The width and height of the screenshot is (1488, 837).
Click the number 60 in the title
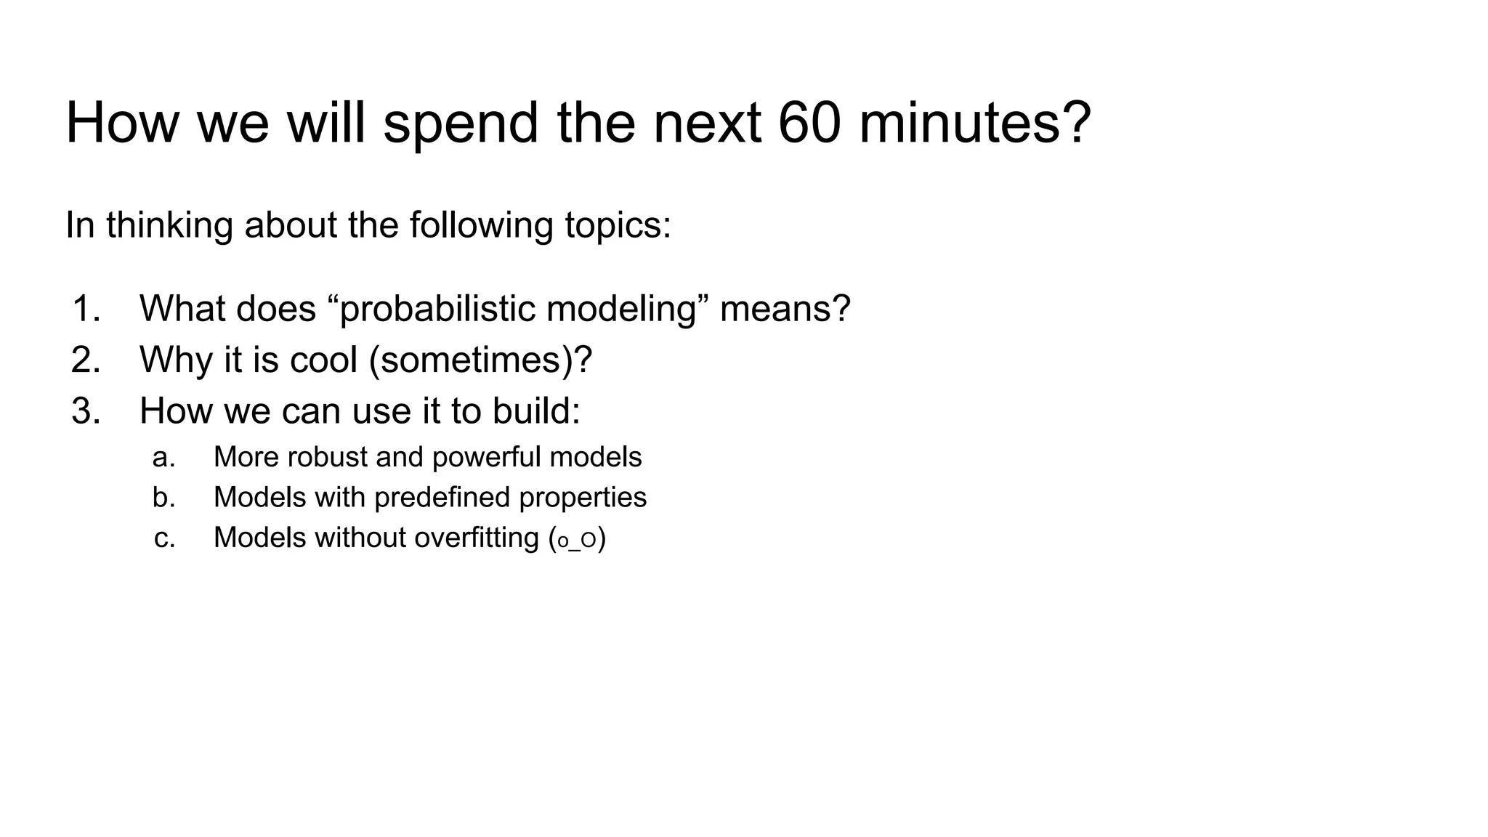click(x=809, y=124)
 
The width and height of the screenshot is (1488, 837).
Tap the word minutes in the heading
click(x=974, y=124)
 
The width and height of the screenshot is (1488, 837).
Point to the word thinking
click(x=169, y=226)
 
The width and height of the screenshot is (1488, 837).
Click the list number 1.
click(x=86, y=309)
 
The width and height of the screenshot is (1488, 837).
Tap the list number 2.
click(x=86, y=360)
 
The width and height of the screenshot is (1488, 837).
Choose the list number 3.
click(x=86, y=411)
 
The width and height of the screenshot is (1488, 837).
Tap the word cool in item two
click(x=323, y=360)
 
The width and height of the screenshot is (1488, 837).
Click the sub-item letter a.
click(x=163, y=458)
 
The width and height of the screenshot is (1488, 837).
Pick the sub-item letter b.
click(x=163, y=498)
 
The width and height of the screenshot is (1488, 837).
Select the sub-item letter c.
click(x=164, y=538)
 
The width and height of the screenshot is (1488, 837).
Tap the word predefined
click(x=431, y=498)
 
